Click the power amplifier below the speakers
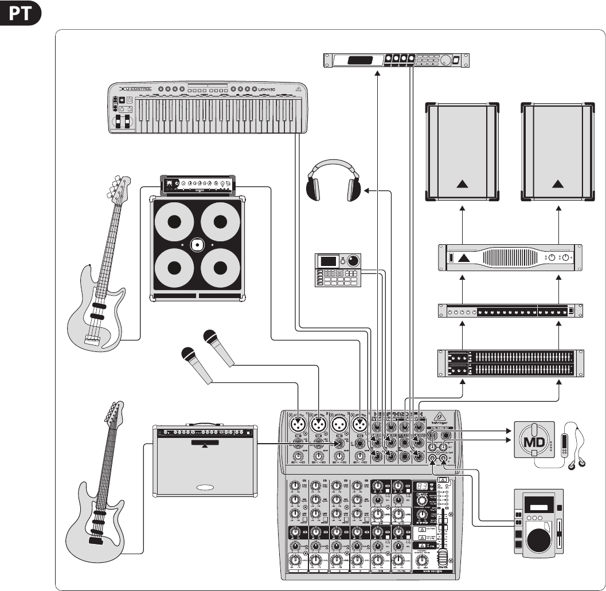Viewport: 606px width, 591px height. [510, 259]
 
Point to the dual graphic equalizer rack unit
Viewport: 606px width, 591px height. [510, 363]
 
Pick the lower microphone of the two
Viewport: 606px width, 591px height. [196, 365]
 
